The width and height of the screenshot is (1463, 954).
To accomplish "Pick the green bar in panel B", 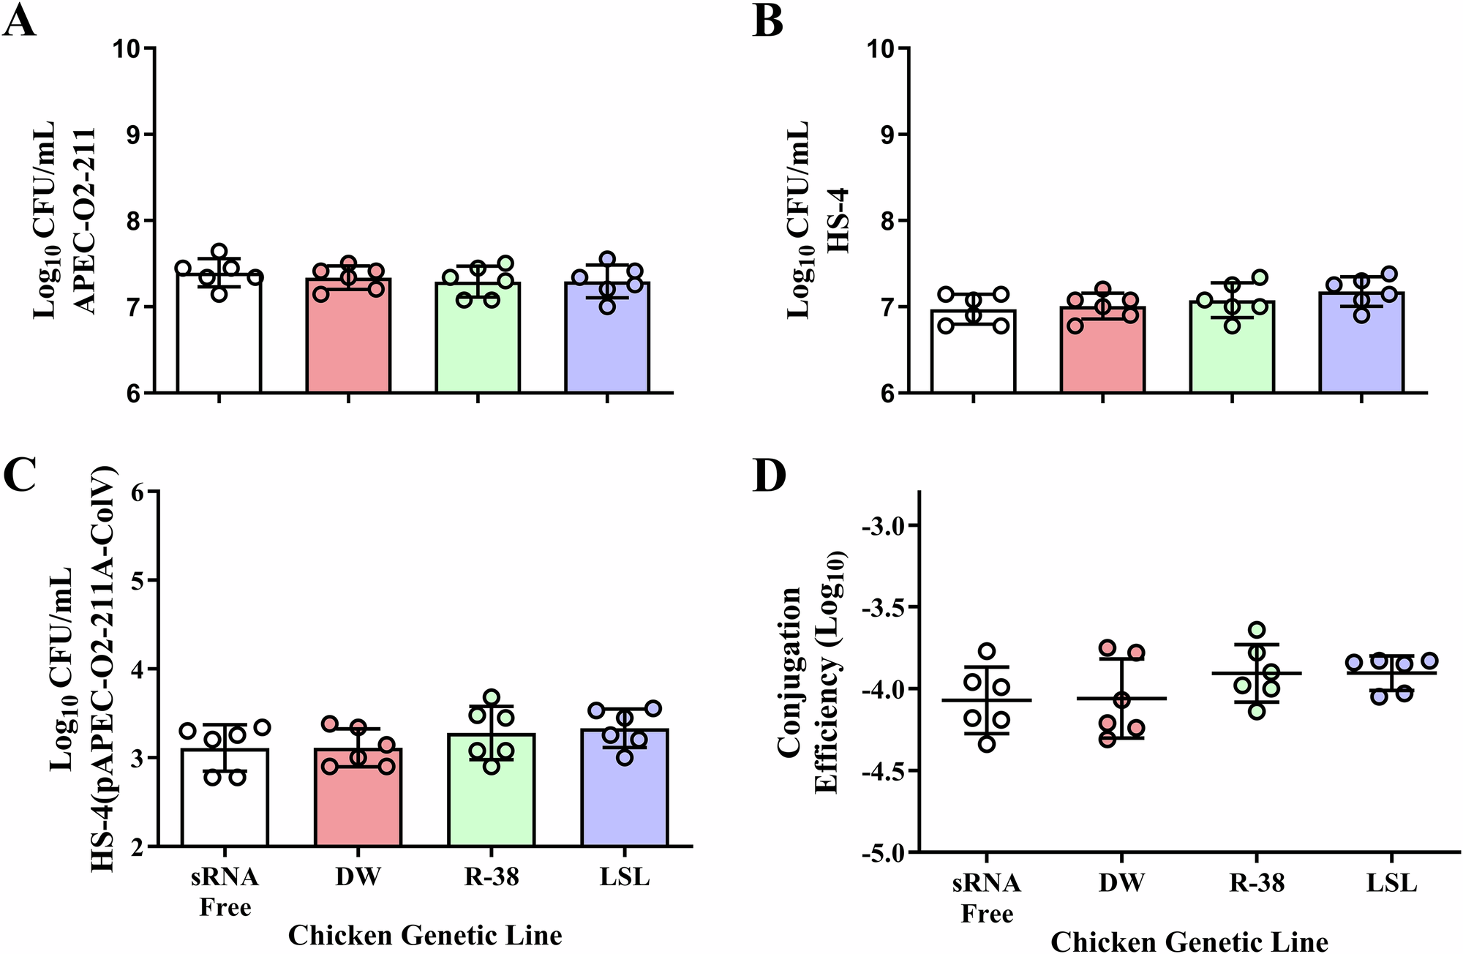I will pos(1232,351).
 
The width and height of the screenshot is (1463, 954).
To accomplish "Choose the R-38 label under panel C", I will pos(491,876).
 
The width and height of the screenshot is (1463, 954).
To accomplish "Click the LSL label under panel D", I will pos(1391,883).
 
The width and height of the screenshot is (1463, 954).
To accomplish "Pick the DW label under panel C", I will pos(358,876).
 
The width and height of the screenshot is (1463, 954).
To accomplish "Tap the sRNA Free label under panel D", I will pos(986,898).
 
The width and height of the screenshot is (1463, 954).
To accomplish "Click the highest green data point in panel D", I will pos(1257,629).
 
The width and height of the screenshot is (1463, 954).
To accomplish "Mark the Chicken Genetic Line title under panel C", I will pos(425,935).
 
